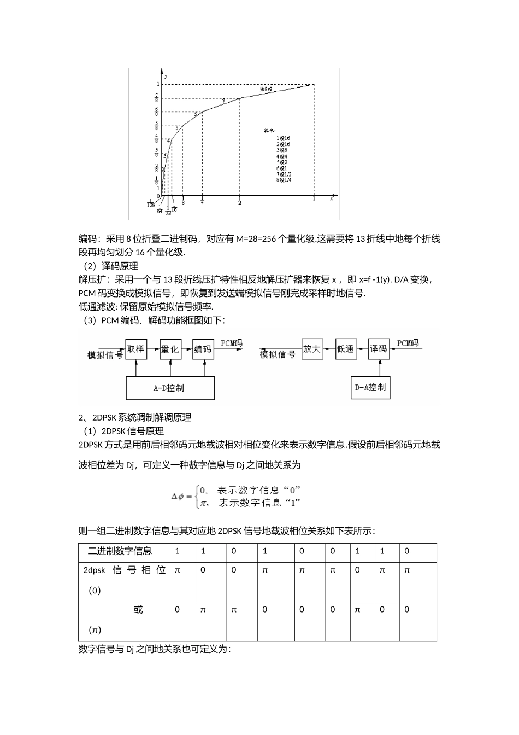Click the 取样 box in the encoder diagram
coord(136,348)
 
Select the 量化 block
coord(170,349)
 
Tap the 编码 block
coord(203,349)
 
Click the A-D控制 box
coord(170,388)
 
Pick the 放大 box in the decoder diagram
coord(312,349)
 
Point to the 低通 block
coord(345,349)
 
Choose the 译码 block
coord(379,349)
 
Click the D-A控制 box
coord(370,387)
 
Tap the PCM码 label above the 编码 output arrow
coord(231,343)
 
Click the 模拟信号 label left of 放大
coord(278,354)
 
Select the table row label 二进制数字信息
coord(120,551)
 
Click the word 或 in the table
coord(138,609)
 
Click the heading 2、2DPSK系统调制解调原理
coord(135,417)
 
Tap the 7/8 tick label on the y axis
coord(157,98)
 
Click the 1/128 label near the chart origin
coord(151,202)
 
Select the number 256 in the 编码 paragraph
coord(269,238)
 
